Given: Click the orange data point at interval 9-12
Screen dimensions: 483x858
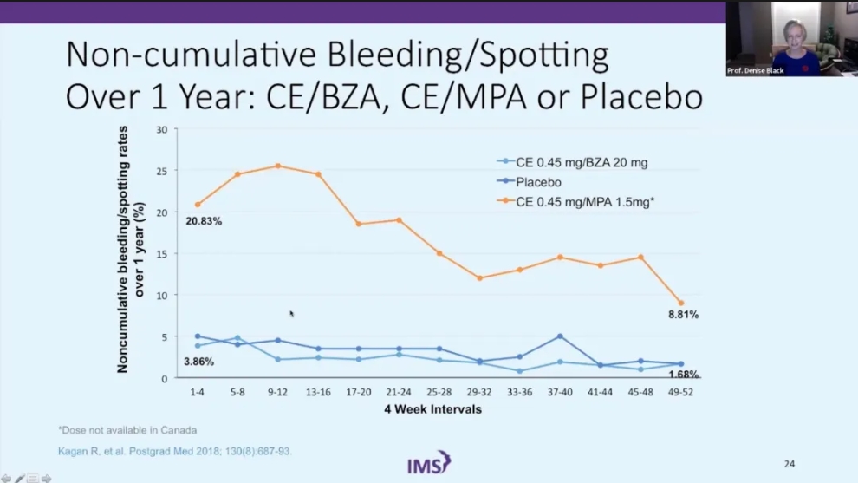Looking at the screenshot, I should click(x=277, y=166).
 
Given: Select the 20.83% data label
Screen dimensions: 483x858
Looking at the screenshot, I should click(x=204, y=221).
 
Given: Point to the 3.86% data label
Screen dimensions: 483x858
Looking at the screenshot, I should click(x=198, y=361).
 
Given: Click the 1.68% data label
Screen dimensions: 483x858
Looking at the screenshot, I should click(x=684, y=375).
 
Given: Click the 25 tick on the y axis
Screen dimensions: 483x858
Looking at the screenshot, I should click(x=161, y=170).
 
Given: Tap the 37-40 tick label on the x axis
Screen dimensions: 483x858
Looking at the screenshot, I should click(x=560, y=392).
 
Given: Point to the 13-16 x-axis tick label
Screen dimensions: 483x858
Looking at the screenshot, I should click(x=318, y=392).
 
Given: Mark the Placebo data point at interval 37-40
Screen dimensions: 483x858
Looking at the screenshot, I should click(x=560, y=336).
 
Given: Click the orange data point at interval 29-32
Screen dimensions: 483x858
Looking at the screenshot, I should click(x=479, y=278).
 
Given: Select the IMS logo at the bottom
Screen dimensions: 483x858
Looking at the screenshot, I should click(x=429, y=463).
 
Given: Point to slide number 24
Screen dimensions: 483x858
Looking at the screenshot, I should click(x=790, y=464).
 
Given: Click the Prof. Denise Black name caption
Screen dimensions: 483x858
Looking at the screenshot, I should click(x=757, y=70).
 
